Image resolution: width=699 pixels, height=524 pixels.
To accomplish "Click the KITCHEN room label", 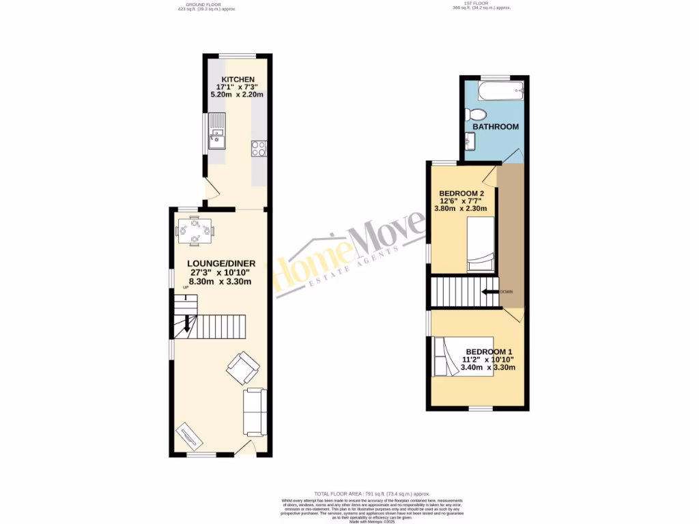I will tap(236, 80).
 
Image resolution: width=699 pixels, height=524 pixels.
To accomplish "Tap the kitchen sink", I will tap(217, 134).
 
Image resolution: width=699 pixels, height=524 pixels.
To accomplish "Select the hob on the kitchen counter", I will tap(259, 148).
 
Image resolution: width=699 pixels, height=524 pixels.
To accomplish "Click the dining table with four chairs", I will tap(195, 231).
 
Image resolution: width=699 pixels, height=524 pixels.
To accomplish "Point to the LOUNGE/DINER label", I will tap(221, 263).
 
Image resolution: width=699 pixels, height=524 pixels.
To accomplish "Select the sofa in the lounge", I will tap(254, 411).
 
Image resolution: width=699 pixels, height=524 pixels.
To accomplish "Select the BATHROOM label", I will tap(496, 127).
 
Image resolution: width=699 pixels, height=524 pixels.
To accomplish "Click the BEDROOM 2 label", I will tap(461, 193).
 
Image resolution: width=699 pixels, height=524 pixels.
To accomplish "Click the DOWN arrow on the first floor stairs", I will tap(489, 291).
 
